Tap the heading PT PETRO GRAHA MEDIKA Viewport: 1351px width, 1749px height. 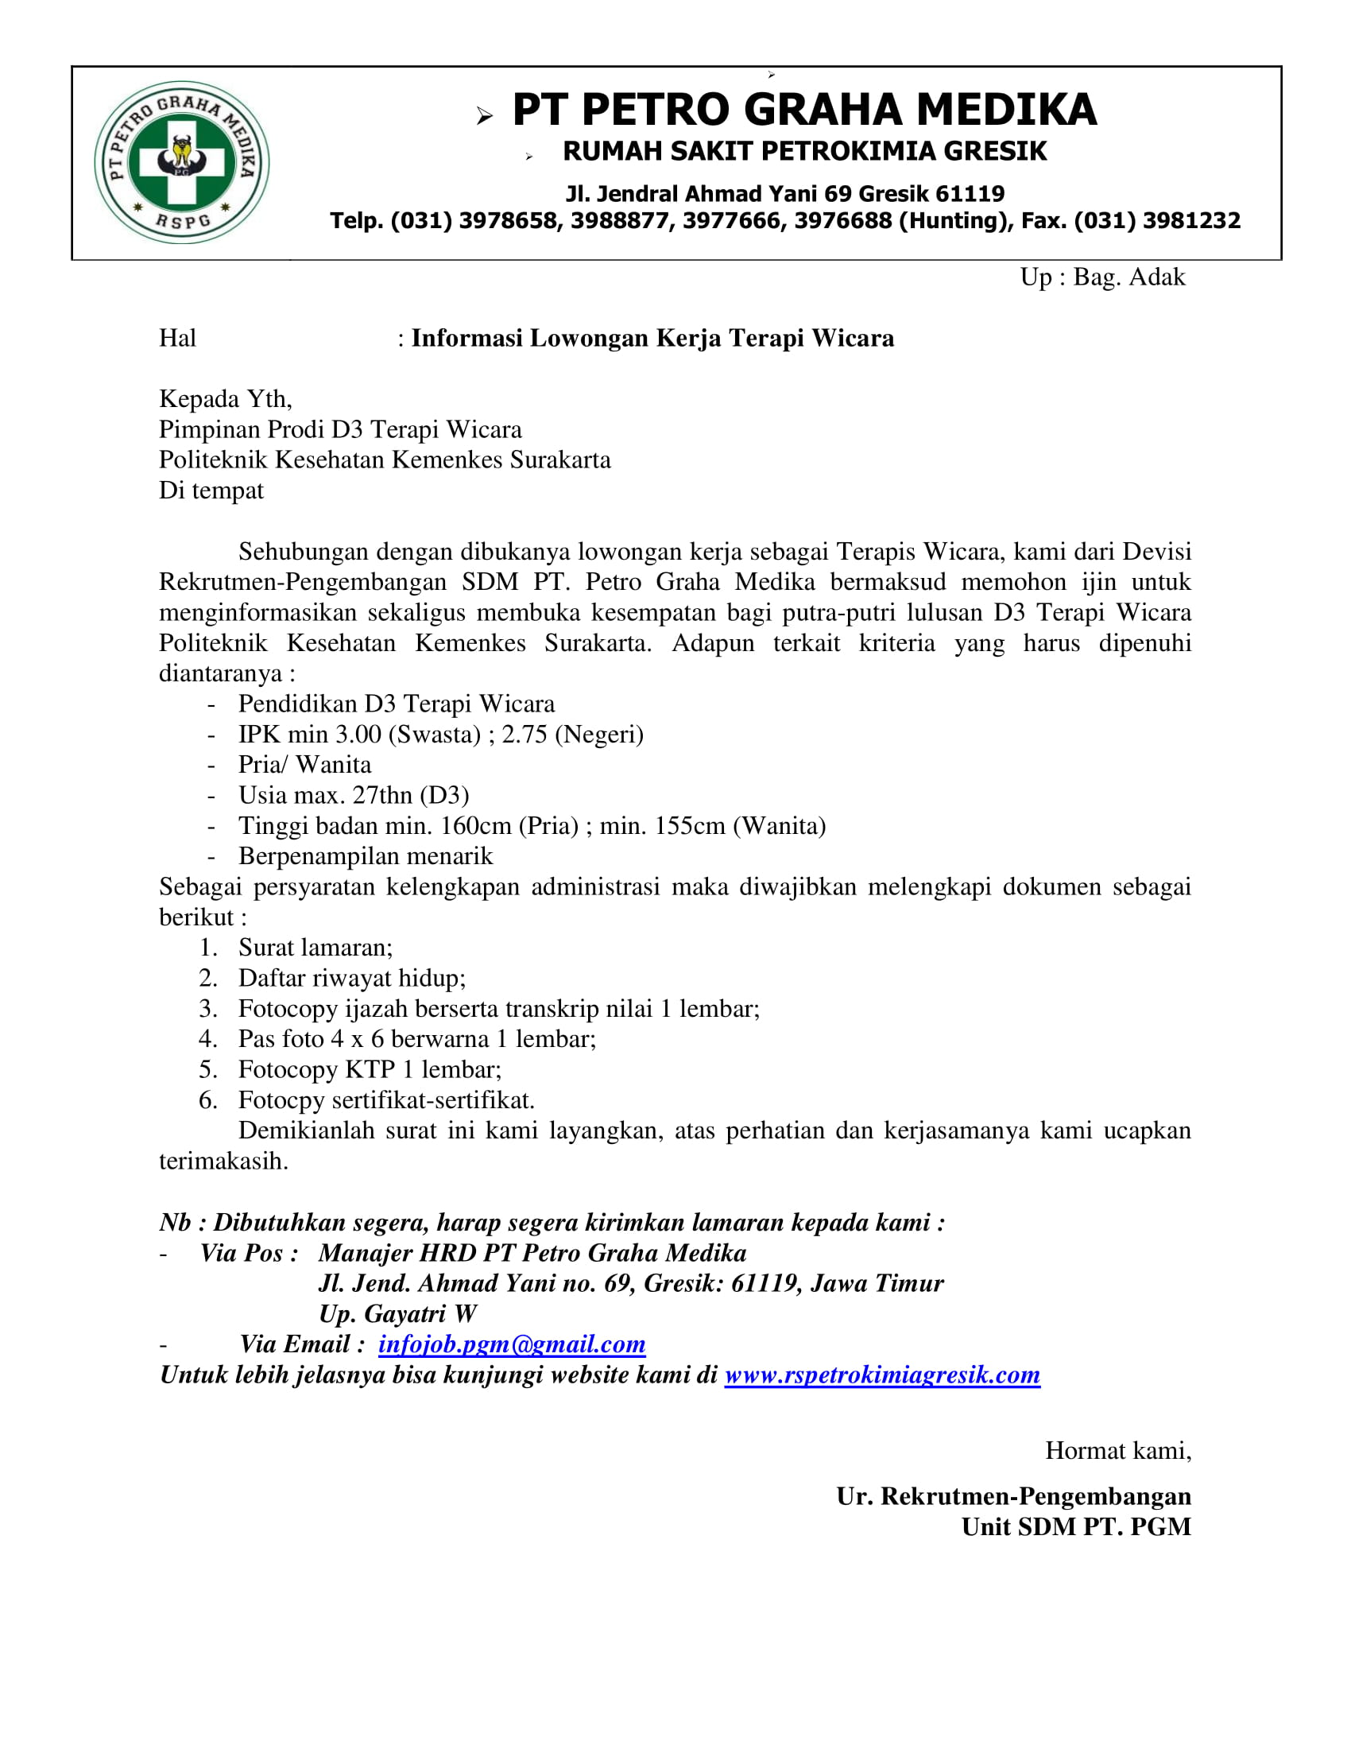803,110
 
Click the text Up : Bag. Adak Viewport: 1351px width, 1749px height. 1102,277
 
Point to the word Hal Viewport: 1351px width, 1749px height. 177,338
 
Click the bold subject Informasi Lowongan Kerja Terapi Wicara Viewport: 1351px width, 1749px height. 652,338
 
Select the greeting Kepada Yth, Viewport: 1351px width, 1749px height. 226,399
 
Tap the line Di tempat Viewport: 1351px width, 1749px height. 211,490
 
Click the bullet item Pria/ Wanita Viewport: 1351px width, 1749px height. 304,765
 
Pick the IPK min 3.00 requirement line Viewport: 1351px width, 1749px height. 440,735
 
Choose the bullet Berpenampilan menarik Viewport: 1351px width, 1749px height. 366,856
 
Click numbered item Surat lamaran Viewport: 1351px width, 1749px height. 315,948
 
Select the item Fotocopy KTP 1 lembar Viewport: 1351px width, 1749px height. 370,1070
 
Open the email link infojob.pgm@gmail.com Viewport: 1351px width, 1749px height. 512,1344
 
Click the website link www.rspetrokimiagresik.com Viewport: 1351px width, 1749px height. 882,1375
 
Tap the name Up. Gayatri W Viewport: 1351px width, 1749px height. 398,1314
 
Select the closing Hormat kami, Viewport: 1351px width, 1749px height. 1117,1450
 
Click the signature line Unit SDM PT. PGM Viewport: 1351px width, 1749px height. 1076,1527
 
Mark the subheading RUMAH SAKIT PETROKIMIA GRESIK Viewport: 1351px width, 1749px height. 804,151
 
